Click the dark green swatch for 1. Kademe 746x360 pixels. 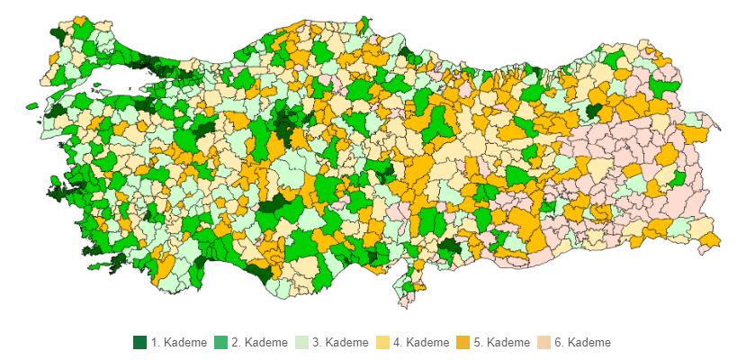click(139, 343)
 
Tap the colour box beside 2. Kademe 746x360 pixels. click(220, 343)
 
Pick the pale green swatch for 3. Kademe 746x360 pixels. click(301, 343)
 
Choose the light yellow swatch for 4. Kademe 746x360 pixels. click(382, 343)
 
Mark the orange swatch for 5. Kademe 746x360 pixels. click(463, 343)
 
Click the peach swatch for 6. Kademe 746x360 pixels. click(544, 343)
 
